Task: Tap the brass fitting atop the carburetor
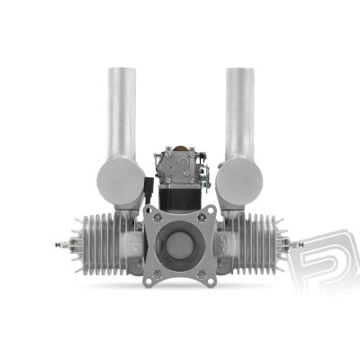[x=180, y=147]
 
